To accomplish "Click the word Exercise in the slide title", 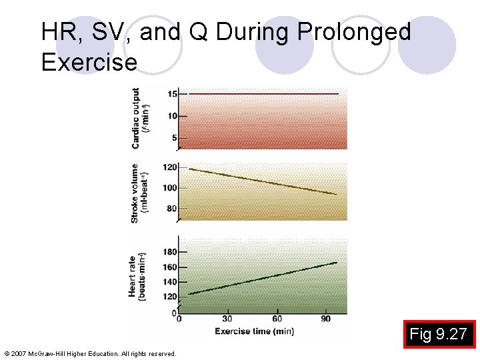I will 89,62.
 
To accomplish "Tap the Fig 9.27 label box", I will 438,333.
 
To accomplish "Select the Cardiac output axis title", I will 140,118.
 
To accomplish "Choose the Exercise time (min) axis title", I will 254,331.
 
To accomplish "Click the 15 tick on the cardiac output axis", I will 172,94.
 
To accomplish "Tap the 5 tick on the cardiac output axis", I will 175,138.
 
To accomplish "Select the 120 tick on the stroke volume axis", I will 170,167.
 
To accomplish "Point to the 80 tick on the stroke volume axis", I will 172,209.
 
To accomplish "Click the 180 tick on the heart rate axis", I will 170,252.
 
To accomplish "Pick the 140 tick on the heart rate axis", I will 170,282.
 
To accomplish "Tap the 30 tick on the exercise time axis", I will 227,319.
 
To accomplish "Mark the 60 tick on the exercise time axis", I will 277,319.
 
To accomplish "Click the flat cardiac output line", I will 263,94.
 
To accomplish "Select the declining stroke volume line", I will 263,181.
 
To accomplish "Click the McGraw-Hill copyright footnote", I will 90,353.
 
